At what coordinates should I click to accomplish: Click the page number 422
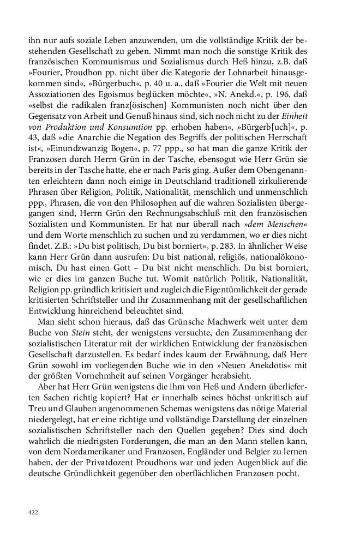pos(34,513)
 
